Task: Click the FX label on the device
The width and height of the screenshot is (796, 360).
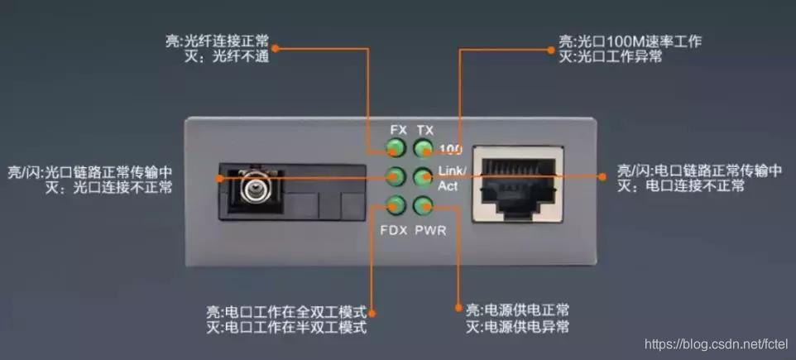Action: point(399,130)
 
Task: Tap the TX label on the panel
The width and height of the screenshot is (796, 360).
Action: point(425,131)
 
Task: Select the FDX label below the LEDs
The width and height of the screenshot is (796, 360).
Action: point(394,231)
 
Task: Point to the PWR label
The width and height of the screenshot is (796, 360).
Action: point(430,231)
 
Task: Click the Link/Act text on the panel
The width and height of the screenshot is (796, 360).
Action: point(452,177)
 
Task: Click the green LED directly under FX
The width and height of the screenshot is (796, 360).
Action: point(394,148)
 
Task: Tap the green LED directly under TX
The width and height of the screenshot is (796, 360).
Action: point(422,148)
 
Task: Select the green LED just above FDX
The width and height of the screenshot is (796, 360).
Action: point(394,205)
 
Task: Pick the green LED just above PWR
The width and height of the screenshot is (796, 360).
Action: point(422,205)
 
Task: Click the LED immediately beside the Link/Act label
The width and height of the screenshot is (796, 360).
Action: point(422,177)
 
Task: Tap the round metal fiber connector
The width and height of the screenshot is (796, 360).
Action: point(253,187)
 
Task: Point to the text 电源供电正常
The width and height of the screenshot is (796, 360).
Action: point(526,310)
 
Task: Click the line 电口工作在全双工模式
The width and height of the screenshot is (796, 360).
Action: point(287,310)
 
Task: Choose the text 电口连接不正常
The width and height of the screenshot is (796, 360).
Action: point(695,186)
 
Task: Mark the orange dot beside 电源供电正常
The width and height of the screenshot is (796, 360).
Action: point(458,308)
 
